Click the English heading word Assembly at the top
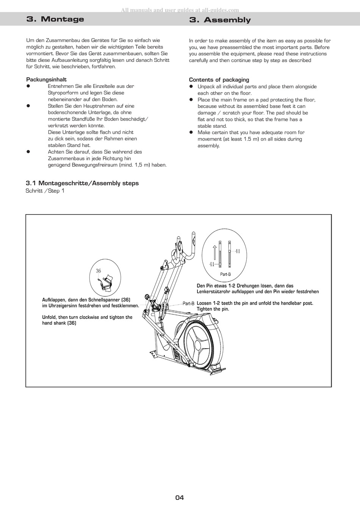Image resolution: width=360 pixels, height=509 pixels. pyautogui.click(x=227, y=20)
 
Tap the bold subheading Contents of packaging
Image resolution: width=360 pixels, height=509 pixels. pyautogui.click(x=219, y=80)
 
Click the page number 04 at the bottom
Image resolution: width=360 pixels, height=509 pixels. pyautogui.click(x=179, y=498)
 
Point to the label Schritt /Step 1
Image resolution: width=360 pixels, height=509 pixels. pyautogui.click(x=45, y=191)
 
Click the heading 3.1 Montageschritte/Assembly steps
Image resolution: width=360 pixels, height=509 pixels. pyautogui.click(x=82, y=183)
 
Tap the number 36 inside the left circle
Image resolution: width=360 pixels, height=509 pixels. pyautogui.click(x=99, y=271)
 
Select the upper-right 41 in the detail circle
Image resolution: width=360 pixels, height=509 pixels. pyautogui.click(x=238, y=251)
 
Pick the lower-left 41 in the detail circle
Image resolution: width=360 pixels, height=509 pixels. pyautogui.click(x=212, y=264)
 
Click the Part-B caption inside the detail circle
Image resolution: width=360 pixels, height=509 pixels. pyautogui.click(x=225, y=274)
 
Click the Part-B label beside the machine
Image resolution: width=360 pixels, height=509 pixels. pyautogui.click(x=188, y=304)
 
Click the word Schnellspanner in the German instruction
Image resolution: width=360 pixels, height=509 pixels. pyautogui.click(x=105, y=300)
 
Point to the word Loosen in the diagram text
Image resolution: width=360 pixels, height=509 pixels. pyautogui.click(x=204, y=303)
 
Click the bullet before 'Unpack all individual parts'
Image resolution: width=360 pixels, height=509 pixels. pyautogui.click(x=191, y=87)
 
